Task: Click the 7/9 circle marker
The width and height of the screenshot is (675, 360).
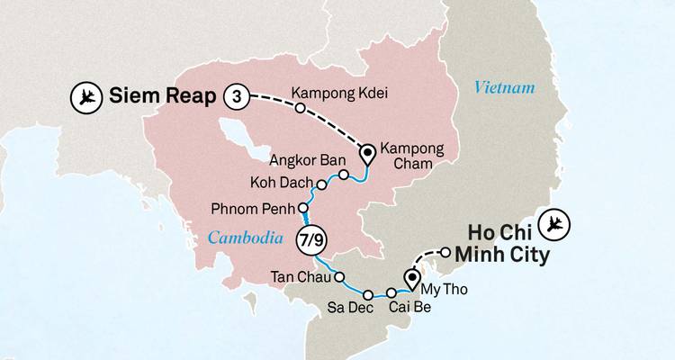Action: click(308, 239)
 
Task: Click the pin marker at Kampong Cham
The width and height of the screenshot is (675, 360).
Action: click(368, 155)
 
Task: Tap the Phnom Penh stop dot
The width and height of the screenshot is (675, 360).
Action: click(303, 209)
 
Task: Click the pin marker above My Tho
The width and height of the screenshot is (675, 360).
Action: click(413, 278)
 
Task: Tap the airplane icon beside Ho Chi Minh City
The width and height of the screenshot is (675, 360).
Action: click(556, 220)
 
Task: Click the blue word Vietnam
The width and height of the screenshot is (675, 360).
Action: click(500, 87)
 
